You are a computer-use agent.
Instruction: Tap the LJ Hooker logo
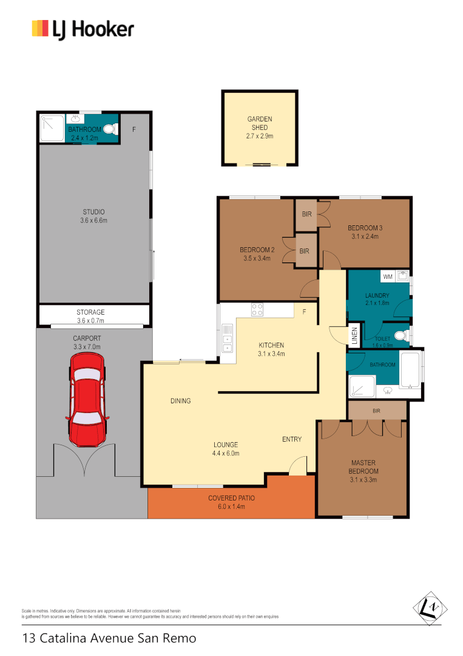pos(83,29)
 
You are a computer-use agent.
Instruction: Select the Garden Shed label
pos(260,123)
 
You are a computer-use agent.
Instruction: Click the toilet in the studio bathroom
pos(110,129)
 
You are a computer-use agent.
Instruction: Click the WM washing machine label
pos(388,277)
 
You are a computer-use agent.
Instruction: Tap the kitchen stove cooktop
pos(257,309)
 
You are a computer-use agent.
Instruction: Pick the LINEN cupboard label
pos(353,335)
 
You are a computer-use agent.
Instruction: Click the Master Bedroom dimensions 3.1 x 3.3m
pos(363,479)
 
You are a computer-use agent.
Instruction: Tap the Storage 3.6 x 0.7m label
pos(90,316)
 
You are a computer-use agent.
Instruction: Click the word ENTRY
pos(292,439)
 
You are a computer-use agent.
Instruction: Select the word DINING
pos(180,401)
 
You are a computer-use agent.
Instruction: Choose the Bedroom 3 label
pos(363,228)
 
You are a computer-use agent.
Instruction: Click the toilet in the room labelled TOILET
pos(399,335)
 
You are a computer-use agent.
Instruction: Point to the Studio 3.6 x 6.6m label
pos(94,216)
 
